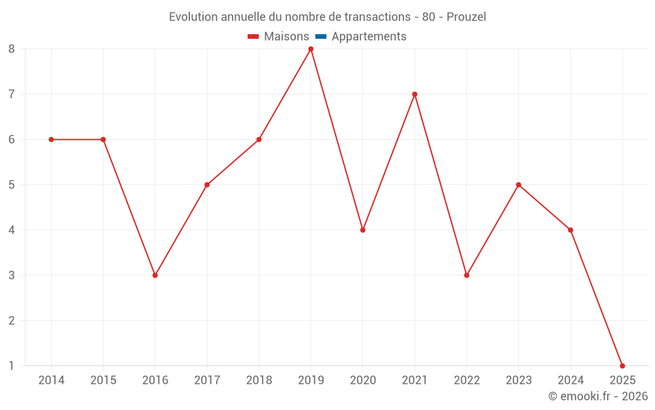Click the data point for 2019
tap(310, 49)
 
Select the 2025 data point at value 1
tap(622, 366)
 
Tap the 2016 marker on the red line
tap(155, 276)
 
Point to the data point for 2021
tap(415, 94)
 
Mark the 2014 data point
tap(51, 139)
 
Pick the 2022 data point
tap(466, 276)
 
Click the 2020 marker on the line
tap(363, 230)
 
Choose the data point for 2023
tap(519, 185)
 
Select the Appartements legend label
tap(369, 37)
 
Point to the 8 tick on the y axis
tap(12, 49)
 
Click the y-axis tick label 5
tap(12, 185)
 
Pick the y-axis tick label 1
tap(12, 366)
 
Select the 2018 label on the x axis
tap(259, 380)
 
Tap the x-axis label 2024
tap(571, 380)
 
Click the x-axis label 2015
tap(103, 380)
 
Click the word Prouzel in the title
tap(466, 17)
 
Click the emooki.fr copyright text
tap(598, 396)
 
